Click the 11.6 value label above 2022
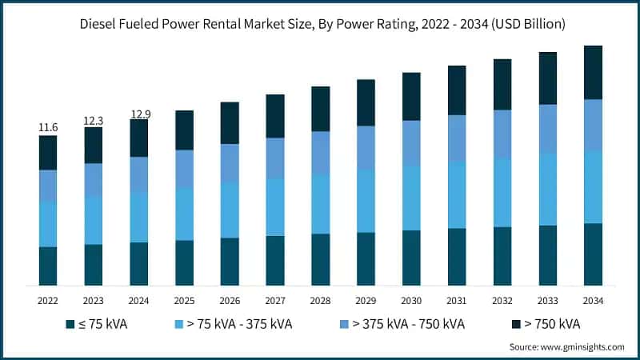pyautogui.click(x=48, y=128)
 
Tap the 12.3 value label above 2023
pyautogui.click(x=94, y=120)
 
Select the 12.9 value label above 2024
pyautogui.click(x=139, y=114)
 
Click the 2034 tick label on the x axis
pyautogui.click(x=593, y=300)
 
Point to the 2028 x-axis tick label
pyautogui.click(x=321, y=300)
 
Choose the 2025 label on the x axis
pyautogui.click(x=184, y=300)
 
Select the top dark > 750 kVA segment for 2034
pyautogui.click(x=593, y=72)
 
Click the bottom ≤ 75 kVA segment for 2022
pyautogui.click(x=48, y=266)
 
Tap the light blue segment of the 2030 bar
pyautogui.click(x=411, y=198)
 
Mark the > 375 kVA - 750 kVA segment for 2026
pyautogui.click(x=230, y=163)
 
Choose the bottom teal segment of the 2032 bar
pyautogui.click(x=502, y=256)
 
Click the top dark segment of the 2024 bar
pyautogui.click(x=139, y=138)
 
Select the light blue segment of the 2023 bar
pyautogui.click(x=94, y=220)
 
